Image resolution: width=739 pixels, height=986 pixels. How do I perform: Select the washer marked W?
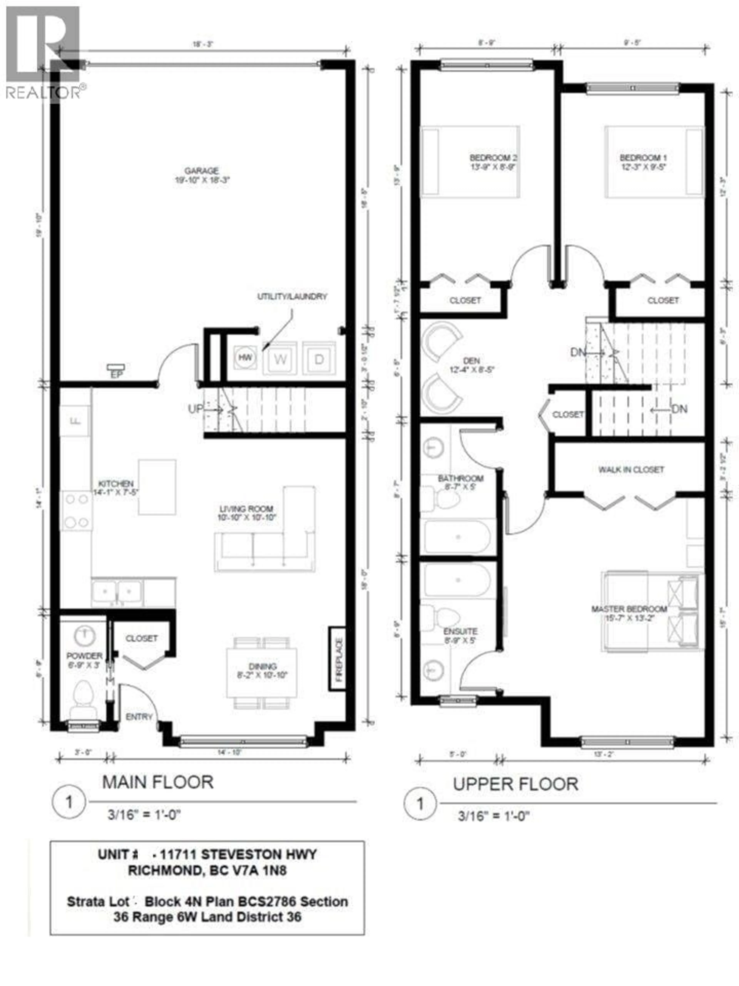[x=280, y=359]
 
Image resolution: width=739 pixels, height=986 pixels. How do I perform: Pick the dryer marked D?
[x=319, y=359]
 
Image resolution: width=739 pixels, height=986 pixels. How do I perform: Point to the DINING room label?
[x=262, y=666]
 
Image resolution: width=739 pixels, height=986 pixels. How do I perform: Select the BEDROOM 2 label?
[x=493, y=158]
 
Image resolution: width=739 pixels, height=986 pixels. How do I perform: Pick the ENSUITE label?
[x=460, y=631]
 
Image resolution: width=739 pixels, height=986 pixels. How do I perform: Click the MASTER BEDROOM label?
[x=629, y=609]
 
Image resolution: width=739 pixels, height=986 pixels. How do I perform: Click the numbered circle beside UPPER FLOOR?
[x=420, y=804]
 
